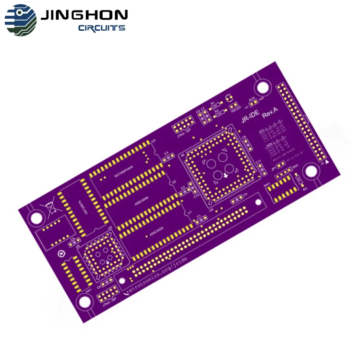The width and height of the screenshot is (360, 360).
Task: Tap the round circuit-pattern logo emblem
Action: pyautogui.click(x=21, y=20)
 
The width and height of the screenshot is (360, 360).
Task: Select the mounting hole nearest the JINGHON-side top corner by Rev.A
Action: pyautogui.click(x=262, y=87)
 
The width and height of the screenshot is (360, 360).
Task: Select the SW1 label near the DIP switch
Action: pyautogui.click(x=267, y=184)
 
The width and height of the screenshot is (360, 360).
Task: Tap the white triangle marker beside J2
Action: pyautogui.click(x=327, y=163)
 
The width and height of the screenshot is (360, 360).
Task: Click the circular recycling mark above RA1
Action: pyautogui.click(x=61, y=253)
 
